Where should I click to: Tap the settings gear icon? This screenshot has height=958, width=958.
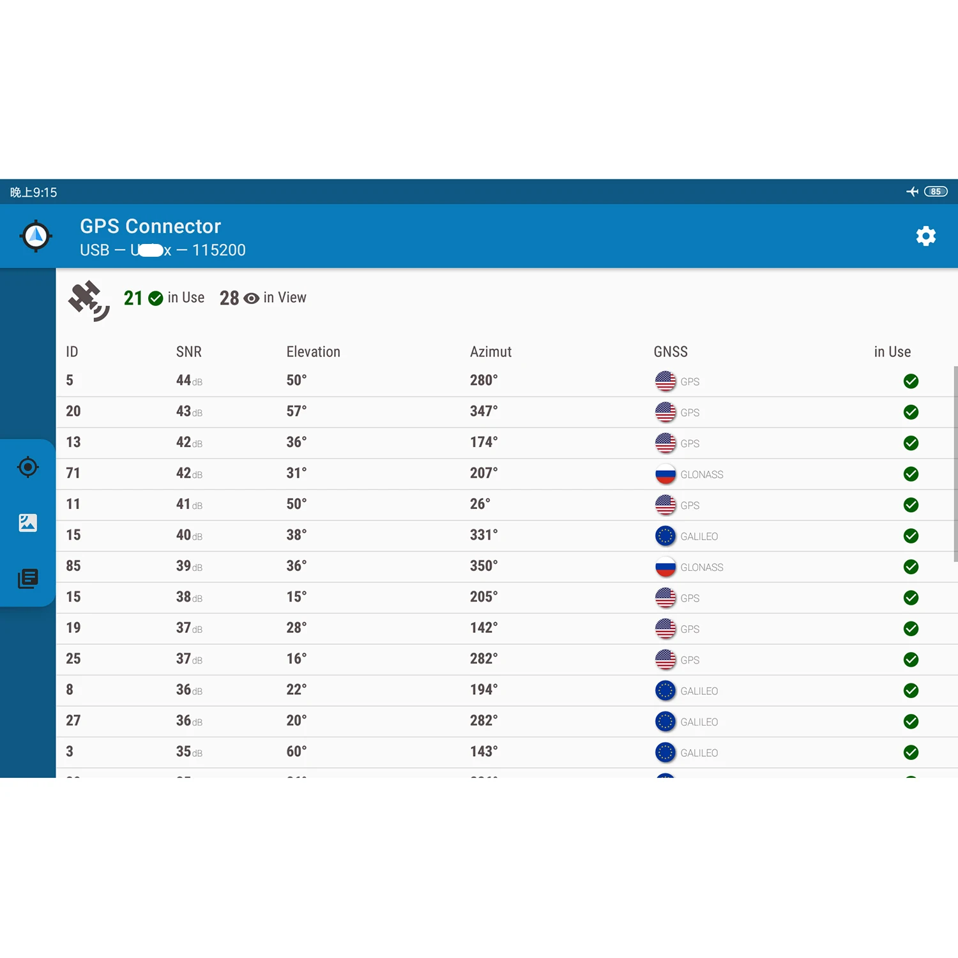(925, 236)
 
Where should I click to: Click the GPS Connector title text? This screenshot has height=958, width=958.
(150, 226)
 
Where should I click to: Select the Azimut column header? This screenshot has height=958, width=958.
(490, 352)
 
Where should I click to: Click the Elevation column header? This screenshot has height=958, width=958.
(313, 352)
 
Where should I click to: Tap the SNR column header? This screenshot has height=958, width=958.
(188, 352)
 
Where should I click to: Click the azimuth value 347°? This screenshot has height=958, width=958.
(483, 411)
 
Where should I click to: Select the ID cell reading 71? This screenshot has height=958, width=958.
(73, 473)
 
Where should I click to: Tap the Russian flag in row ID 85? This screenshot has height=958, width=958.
(665, 566)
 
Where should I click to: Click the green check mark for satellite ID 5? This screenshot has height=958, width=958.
(911, 381)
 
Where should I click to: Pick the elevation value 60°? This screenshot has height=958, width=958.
(296, 752)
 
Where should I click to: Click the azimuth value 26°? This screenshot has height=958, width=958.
(480, 504)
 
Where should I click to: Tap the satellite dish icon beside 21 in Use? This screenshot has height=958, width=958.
(89, 300)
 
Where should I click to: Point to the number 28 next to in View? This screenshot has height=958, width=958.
(229, 298)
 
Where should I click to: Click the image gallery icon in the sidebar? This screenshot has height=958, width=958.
(28, 523)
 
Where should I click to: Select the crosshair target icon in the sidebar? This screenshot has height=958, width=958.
(28, 467)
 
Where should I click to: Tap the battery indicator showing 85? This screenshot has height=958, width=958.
(936, 192)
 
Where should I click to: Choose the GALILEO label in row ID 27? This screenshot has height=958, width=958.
(699, 722)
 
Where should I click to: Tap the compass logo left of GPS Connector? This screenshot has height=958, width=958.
(36, 236)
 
